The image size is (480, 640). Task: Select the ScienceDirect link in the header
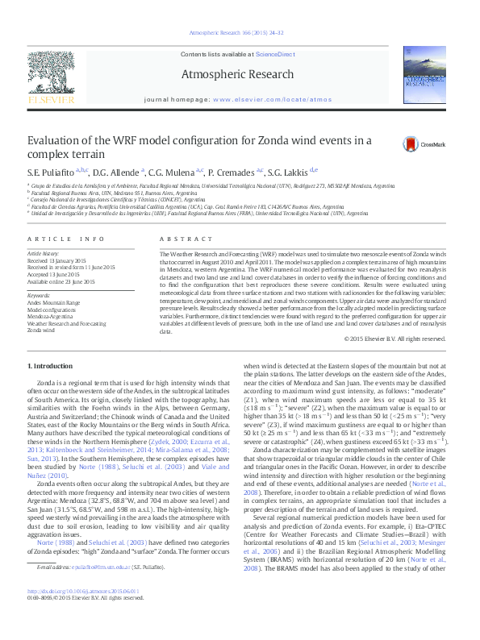[276, 53]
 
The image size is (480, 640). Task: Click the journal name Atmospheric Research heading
[240, 74]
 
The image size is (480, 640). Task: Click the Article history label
[44, 252]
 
